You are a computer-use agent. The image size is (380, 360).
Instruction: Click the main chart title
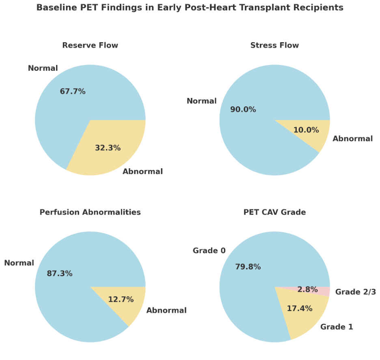190,8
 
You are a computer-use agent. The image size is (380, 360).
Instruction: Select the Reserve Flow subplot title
90,45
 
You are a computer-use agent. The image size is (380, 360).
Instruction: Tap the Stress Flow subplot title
274,45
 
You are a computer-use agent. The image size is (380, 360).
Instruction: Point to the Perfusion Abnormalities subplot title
90,212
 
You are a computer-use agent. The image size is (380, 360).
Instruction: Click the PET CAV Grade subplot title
274,212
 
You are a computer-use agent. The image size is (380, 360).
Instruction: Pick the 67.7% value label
73,91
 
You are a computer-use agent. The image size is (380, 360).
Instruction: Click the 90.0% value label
243,109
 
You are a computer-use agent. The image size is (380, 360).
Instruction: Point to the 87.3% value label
60,273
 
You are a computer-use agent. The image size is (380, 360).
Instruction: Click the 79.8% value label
248,267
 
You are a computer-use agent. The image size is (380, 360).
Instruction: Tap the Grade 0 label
209,251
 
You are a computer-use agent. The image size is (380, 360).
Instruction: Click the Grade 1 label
337,327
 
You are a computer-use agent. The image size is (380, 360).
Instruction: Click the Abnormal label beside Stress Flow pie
352,139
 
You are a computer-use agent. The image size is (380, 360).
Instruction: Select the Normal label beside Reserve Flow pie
43,68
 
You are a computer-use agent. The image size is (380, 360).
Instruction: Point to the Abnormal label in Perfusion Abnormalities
166,310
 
